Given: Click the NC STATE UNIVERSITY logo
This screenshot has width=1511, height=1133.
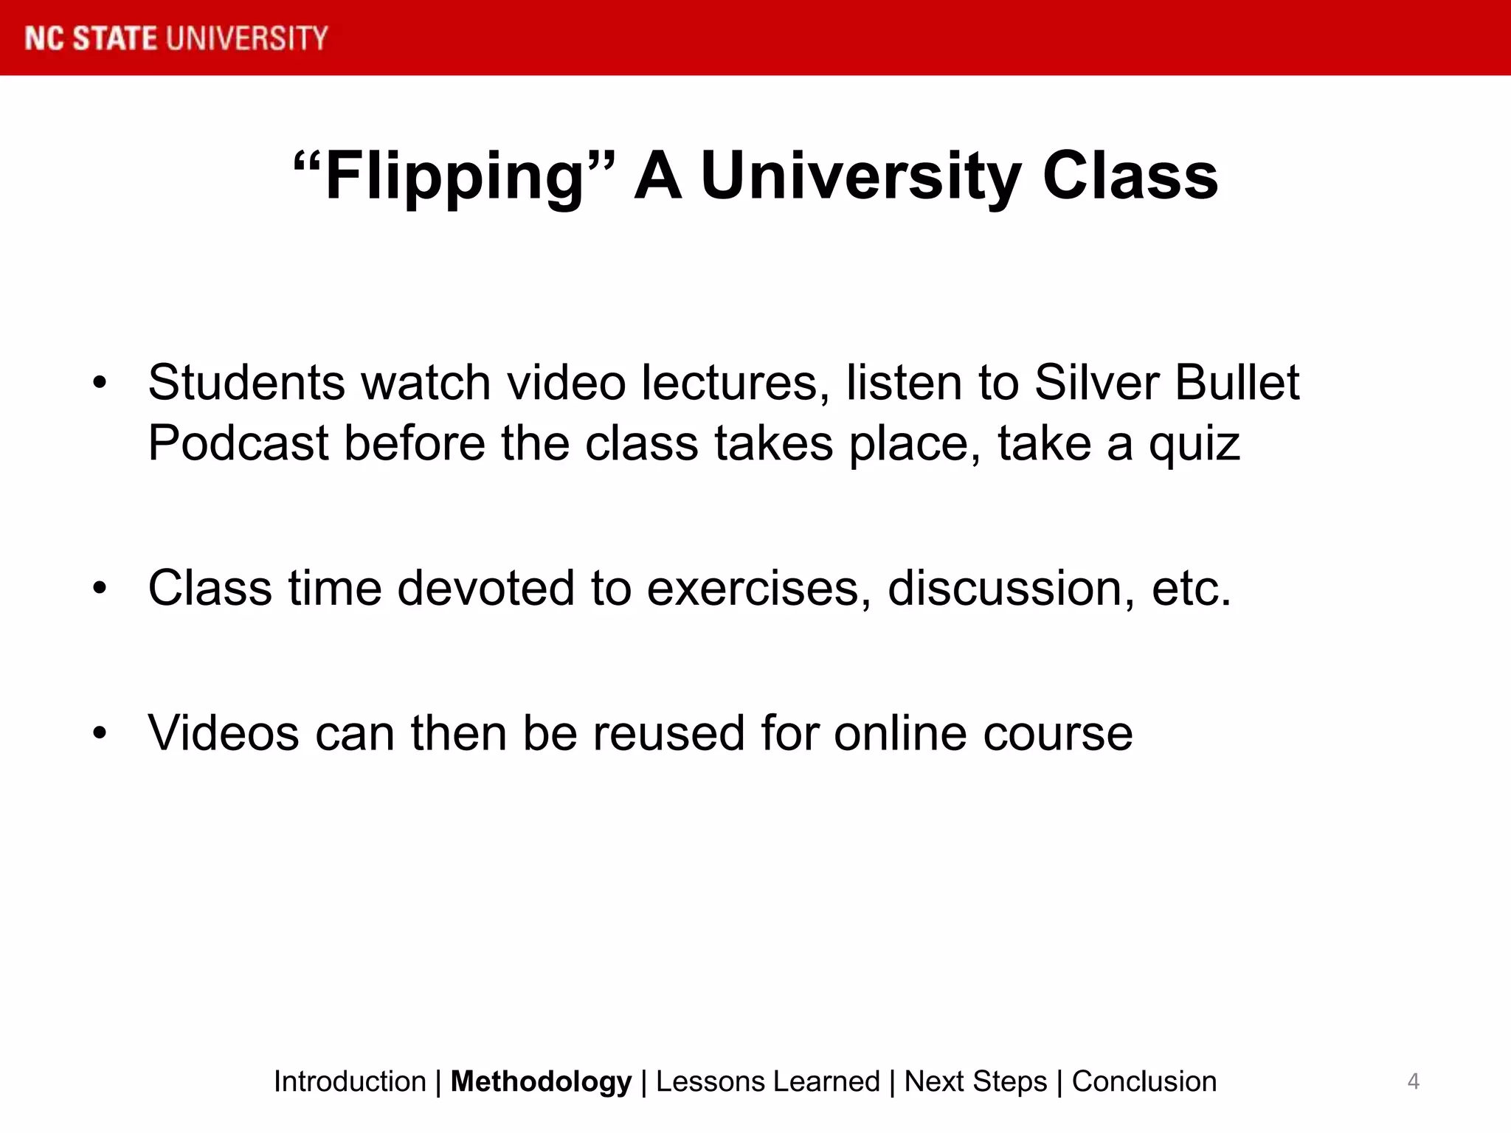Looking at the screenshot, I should coord(176,38).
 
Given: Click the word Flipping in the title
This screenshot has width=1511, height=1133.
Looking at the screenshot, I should coord(454,177).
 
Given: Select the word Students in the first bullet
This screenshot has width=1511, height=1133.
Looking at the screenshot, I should coord(246,383).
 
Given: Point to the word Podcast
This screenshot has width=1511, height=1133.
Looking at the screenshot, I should coord(238,443).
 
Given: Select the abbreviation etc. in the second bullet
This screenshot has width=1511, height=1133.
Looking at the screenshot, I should coord(1191,589).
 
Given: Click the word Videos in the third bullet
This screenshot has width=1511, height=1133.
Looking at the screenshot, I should coord(223,733).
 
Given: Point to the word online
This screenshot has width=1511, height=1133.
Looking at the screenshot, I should coord(900,733).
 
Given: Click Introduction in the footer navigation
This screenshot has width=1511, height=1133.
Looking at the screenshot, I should coord(350,1081).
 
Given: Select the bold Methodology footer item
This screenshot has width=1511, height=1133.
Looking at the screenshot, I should coord(541,1081).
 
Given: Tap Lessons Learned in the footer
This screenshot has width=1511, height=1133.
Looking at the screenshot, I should coord(767,1081).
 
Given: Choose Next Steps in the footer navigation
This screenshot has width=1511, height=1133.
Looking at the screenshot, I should coord(975,1081).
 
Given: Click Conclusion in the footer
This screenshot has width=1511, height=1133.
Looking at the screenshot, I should coord(1144,1081).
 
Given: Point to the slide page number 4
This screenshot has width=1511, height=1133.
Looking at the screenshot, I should coord(1413,1081).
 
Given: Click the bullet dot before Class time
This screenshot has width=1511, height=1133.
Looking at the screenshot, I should coord(100,589).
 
